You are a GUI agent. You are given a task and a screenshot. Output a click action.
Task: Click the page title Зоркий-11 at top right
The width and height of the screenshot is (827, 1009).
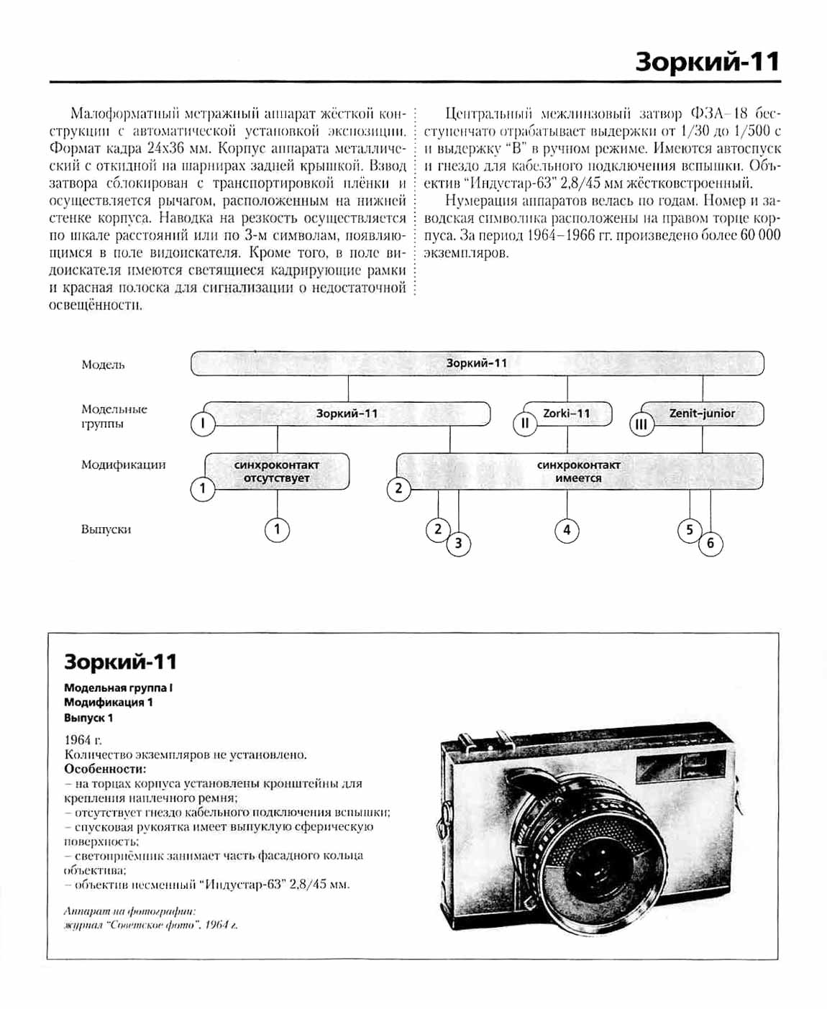[707, 62]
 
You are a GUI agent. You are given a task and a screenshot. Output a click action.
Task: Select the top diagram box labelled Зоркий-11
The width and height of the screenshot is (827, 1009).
[476, 363]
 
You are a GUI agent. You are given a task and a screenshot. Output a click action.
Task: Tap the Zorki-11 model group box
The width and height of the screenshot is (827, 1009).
[567, 414]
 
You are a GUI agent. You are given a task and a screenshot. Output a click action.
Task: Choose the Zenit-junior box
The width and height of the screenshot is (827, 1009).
[701, 414]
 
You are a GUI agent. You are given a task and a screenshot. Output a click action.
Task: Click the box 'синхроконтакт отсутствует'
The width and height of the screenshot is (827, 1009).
[277, 472]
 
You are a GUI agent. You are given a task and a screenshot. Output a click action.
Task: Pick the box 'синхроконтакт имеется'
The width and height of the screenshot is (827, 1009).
[578, 472]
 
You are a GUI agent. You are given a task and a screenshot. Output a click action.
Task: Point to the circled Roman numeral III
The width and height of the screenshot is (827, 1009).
[641, 424]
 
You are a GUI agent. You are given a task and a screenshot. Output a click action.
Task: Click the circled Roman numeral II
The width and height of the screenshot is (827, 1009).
[525, 424]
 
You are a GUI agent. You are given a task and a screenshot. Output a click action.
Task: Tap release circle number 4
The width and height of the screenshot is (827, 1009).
[567, 531]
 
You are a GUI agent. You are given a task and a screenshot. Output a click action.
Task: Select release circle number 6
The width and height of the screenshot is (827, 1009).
[711, 544]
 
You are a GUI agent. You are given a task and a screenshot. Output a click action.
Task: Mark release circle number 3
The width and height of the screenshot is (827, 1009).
[459, 544]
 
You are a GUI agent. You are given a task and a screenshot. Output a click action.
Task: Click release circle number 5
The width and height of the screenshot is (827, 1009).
[690, 531]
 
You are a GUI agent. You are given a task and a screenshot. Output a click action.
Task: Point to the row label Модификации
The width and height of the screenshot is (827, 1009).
[123, 465]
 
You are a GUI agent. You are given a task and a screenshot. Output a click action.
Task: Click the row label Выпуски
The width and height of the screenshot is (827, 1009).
[106, 530]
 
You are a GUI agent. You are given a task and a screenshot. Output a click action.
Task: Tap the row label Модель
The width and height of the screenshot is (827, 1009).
[103, 365]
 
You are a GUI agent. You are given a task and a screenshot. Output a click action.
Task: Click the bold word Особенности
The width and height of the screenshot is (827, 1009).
[105, 769]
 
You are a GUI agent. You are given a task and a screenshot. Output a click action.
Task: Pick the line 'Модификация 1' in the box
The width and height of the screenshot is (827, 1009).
[109, 703]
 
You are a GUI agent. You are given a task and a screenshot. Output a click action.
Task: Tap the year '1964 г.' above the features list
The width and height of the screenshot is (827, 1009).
[83, 740]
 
